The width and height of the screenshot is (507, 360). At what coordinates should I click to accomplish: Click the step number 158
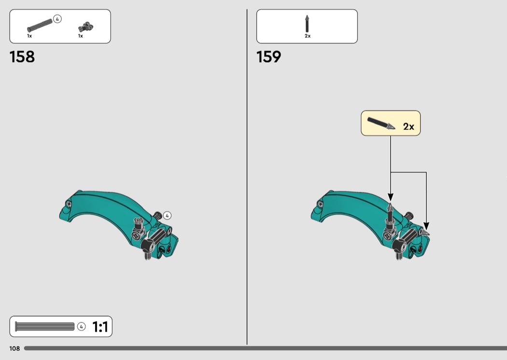(22, 57)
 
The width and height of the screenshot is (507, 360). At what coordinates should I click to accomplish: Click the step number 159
(268, 57)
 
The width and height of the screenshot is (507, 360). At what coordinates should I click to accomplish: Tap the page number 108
(14, 348)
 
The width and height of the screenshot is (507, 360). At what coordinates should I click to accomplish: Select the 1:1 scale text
(100, 327)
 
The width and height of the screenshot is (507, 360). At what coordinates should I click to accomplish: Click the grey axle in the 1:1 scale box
(44, 326)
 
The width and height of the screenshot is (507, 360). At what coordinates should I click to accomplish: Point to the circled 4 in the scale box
(82, 327)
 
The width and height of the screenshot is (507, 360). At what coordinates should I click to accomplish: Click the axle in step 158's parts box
(40, 25)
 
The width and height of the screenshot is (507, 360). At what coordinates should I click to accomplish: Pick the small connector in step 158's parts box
(85, 27)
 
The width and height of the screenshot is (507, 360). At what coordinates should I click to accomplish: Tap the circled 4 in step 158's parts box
(57, 19)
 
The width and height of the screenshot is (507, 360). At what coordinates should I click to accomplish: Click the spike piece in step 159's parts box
(307, 24)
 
